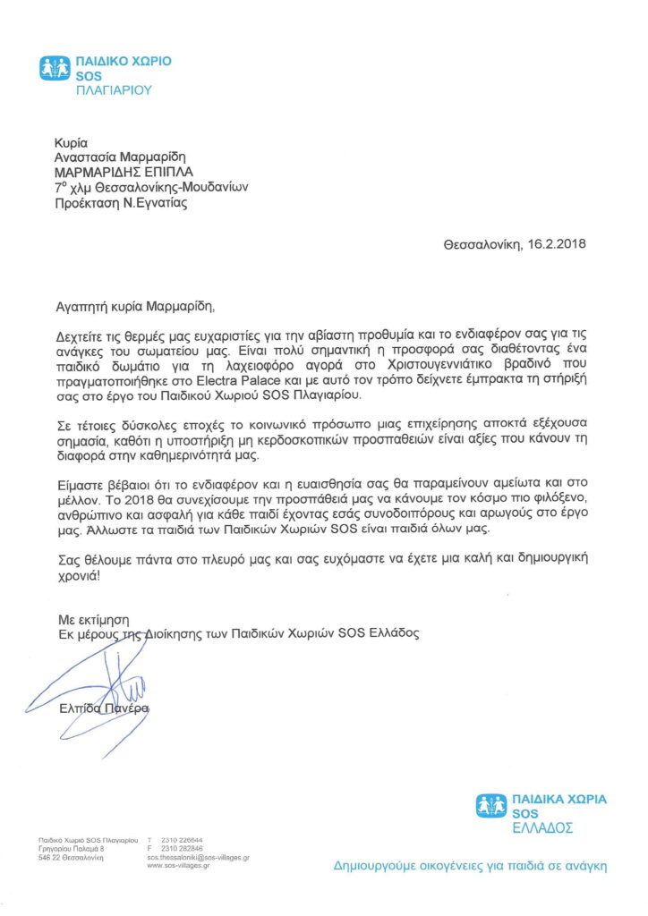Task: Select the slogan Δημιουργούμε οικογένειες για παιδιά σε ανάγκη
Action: coord(470,866)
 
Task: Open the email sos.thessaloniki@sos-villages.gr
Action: coord(198,857)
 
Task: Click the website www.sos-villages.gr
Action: coord(179,865)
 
